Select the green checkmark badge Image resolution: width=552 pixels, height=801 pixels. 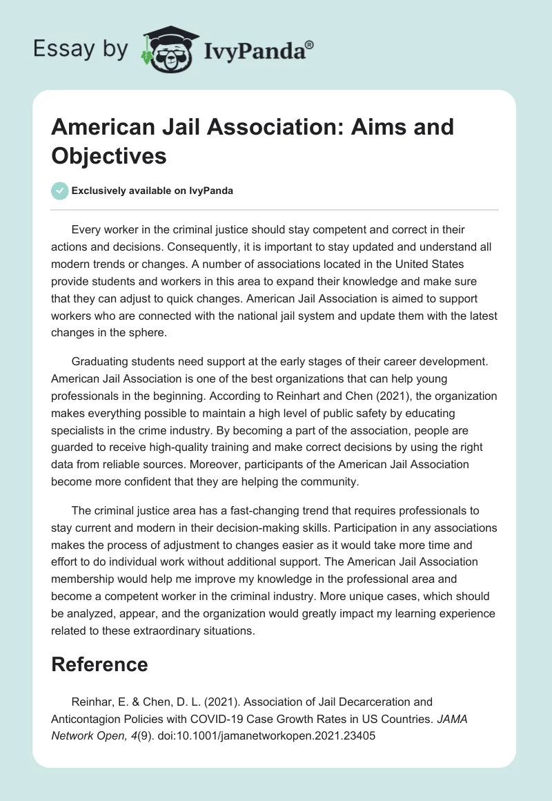60,191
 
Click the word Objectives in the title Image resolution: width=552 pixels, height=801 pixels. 109,156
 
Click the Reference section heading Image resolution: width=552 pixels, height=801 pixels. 99,664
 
